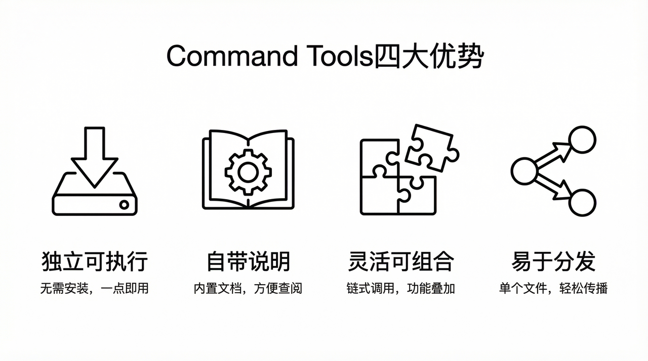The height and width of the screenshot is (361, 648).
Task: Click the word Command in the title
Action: [x=232, y=56]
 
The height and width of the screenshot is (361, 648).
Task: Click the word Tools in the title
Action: [x=340, y=56]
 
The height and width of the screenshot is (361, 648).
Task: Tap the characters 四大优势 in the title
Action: [x=428, y=56]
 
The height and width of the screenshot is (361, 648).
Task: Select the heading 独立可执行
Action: [x=95, y=262]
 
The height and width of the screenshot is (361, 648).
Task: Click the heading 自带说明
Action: [x=248, y=262]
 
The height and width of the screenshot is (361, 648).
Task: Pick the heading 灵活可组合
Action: [x=401, y=262]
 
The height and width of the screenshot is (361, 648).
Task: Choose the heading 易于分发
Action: [x=553, y=262]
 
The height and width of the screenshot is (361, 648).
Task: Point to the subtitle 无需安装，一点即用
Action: [x=95, y=289]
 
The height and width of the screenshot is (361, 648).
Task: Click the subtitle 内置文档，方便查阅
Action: [x=248, y=289]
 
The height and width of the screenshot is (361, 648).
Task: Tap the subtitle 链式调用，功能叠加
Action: [x=401, y=289]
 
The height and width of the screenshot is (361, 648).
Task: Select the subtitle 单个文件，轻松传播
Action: [x=553, y=289]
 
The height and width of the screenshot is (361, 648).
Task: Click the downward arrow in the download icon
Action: [x=95, y=157]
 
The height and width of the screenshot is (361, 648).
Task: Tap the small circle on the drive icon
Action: [x=124, y=205]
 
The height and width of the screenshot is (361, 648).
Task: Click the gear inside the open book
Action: [x=248, y=172]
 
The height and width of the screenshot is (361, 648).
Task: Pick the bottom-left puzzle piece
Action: [x=379, y=195]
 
